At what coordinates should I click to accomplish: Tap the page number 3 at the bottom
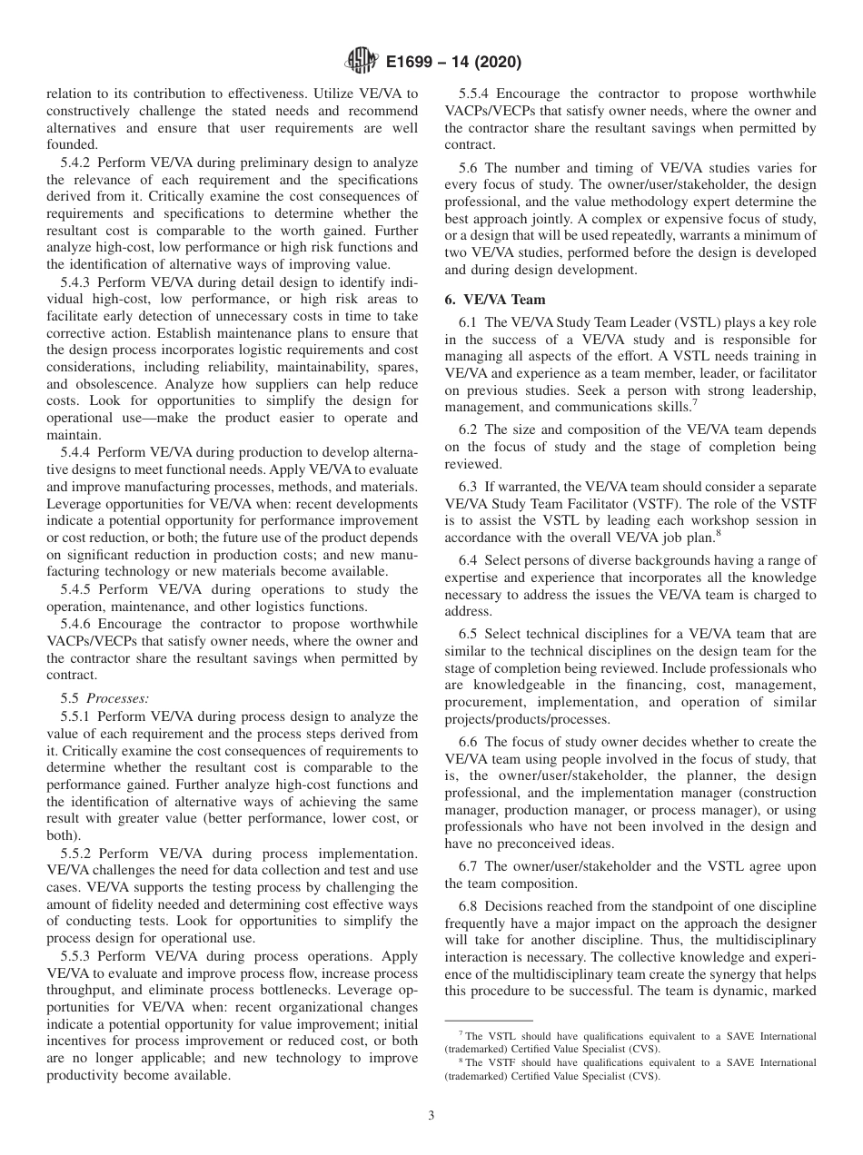(x=431, y=1116)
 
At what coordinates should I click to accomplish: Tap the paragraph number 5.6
(x=468, y=168)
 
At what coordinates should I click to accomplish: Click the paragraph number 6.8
(x=468, y=906)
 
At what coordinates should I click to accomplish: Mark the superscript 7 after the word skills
(x=695, y=402)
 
